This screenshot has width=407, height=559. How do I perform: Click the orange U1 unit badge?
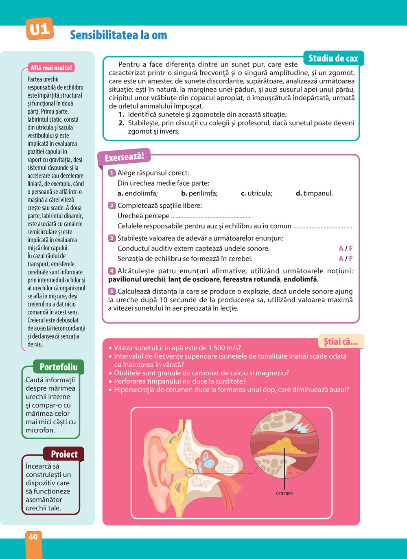coord(39,29)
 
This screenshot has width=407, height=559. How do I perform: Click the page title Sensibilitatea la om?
coord(118,35)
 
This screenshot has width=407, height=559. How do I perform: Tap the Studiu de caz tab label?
coord(333,58)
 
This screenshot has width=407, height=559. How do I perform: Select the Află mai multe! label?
coord(51,68)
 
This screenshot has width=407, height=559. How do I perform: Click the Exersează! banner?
coord(124,157)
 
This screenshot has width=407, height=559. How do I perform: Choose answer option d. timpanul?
coord(314,193)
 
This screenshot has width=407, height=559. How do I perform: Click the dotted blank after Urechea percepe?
coord(209,217)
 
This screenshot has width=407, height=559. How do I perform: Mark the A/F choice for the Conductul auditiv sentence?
coord(346,248)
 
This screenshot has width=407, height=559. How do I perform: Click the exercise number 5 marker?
coord(112,292)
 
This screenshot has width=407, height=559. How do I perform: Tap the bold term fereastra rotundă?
coord(252,280)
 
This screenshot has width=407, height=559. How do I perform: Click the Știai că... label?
coord(341,342)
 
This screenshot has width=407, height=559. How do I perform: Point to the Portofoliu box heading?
coord(58,367)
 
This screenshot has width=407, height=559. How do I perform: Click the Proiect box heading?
coord(64,454)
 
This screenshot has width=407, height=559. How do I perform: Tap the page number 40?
coord(33,537)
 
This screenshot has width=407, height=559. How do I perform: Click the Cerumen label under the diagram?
coord(284,493)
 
